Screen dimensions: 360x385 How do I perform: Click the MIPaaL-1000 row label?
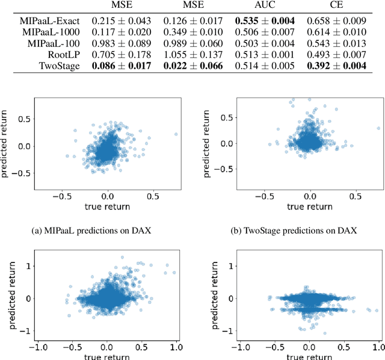53,32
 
